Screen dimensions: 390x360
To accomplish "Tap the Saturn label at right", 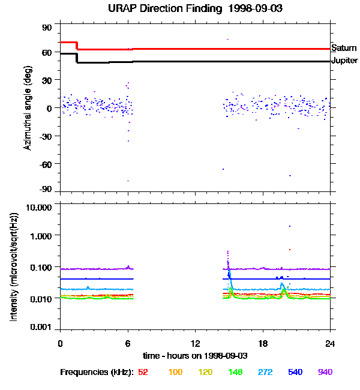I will tap(344, 47).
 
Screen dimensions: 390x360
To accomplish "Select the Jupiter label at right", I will tap(345, 61).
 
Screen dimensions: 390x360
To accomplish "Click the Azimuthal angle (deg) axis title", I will tap(28, 108).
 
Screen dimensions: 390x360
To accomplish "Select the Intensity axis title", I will tap(14, 266).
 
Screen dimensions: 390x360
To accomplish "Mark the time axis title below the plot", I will tap(195, 356).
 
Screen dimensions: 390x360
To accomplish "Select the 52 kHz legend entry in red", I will tap(143, 372).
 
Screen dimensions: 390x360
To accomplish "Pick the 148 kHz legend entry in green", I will tap(236, 372).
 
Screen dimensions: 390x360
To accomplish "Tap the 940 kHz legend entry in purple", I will tap(325, 372).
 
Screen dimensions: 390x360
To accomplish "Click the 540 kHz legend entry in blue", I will tap(295, 372).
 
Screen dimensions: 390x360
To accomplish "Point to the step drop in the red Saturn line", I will tap(77, 46).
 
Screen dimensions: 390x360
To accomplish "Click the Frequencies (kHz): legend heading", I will tap(96, 372).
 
